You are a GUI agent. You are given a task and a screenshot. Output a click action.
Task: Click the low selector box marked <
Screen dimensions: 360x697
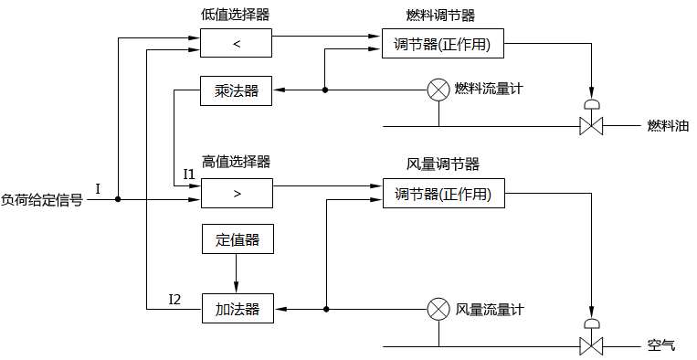tap(237, 44)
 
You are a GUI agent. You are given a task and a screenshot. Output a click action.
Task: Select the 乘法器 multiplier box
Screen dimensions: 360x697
tap(237, 90)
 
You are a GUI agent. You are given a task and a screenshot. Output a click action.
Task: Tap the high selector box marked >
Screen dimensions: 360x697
tap(237, 194)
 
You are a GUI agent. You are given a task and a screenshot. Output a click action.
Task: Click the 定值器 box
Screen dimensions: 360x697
tap(237, 240)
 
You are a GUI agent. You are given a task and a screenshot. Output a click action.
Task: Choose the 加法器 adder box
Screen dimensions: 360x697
tap(237, 310)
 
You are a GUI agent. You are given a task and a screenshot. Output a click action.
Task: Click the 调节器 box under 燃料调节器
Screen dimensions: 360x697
tap(443, 44)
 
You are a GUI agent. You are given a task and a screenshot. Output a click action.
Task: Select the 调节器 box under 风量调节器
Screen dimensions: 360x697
tap(443, 194)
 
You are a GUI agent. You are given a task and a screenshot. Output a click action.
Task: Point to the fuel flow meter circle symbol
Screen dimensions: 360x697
tap(438, 90)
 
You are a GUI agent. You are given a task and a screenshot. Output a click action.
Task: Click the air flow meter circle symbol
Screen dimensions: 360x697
tap(438, 309)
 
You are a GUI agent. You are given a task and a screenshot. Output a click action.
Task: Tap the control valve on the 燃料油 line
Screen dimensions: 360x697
tap(591, 125)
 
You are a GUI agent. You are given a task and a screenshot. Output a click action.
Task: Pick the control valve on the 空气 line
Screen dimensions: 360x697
tap(591, 346)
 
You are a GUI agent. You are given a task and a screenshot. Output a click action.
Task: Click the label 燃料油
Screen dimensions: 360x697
tap(667, 126)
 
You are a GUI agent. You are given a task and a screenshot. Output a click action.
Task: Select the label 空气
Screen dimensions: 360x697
tap(660, 346)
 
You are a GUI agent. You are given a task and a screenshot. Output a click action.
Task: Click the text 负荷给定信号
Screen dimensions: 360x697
tap(41, 199)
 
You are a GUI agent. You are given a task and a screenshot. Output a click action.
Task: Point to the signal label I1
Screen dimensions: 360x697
tap(189, 174)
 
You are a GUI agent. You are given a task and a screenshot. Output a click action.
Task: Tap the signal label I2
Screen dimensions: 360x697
tap(175, 299)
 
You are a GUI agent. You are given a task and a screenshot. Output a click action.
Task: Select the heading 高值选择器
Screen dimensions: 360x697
tap(236, 162)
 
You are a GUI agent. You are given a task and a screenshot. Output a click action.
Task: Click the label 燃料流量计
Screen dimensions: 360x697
tap(489, 90)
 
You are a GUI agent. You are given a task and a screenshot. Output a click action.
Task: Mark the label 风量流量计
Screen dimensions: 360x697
tap(490, 310)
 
